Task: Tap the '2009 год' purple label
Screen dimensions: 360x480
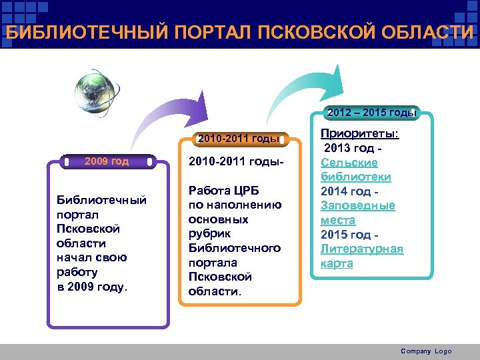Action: [x=107, y=161]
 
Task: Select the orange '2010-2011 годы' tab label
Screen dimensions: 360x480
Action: [x=236, y=139]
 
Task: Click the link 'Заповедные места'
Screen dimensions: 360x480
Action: [x=357, y=213]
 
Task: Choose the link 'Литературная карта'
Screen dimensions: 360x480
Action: [x=362, y=256]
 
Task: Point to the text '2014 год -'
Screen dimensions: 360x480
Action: [x=349, y=191]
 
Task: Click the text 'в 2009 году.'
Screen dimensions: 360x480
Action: [x=93, y=287]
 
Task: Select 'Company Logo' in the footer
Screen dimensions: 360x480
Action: [x=426, y=351]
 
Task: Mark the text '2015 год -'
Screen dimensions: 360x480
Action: [x=349, y=235]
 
